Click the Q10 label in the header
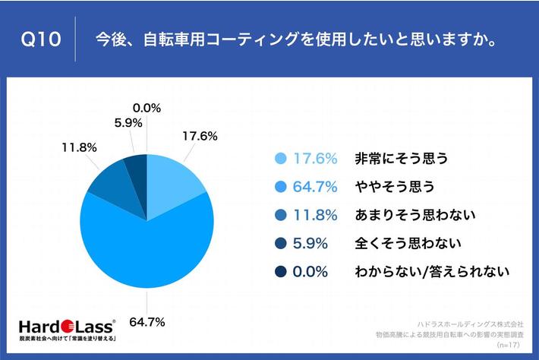[x=39, y=39]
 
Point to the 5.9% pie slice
[x=136, y=166]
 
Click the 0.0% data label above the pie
[x=147, y=108]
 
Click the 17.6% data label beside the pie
[x=200, y=137]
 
